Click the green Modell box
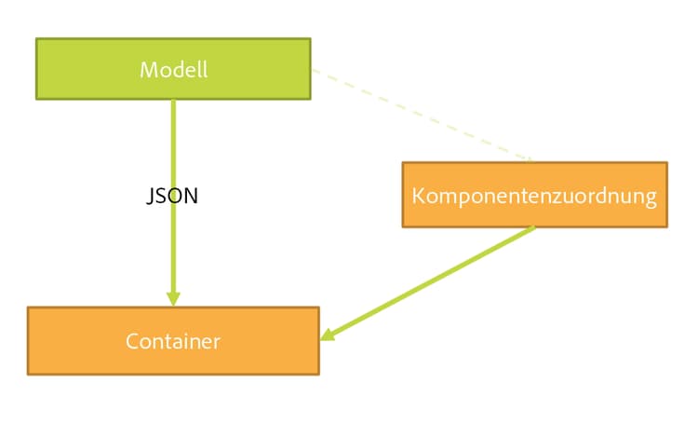point(93,69)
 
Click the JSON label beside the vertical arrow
point(173,197)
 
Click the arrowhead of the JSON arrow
point(173,298)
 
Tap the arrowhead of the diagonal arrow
point(327,336)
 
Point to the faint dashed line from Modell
point(419,112)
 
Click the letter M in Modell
point(147,70)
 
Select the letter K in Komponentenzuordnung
point(417,197)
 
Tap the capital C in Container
point(131,341)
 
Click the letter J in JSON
point(151,198)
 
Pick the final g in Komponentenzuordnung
point(651,199)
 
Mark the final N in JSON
point(191,197)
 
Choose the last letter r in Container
point(218,342)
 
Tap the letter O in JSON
point(175,197)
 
